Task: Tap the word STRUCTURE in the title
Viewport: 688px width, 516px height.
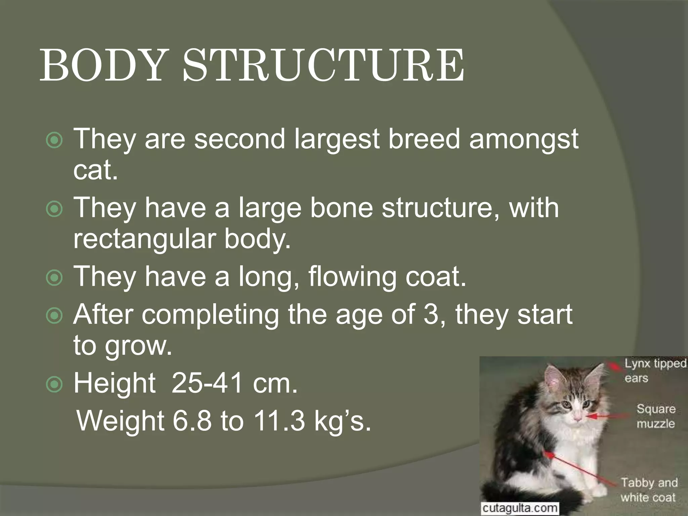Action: point(324,66)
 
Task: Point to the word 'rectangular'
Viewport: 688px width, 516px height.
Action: point(144,239)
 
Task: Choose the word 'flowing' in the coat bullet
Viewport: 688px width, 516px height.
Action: point(352,277)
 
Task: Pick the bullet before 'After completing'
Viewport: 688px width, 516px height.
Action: point(54,316)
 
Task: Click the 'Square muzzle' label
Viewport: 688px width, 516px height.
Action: point(655,416)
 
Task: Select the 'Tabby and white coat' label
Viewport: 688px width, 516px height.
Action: point(648,490)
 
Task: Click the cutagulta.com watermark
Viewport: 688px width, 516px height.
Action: point(520,508)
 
